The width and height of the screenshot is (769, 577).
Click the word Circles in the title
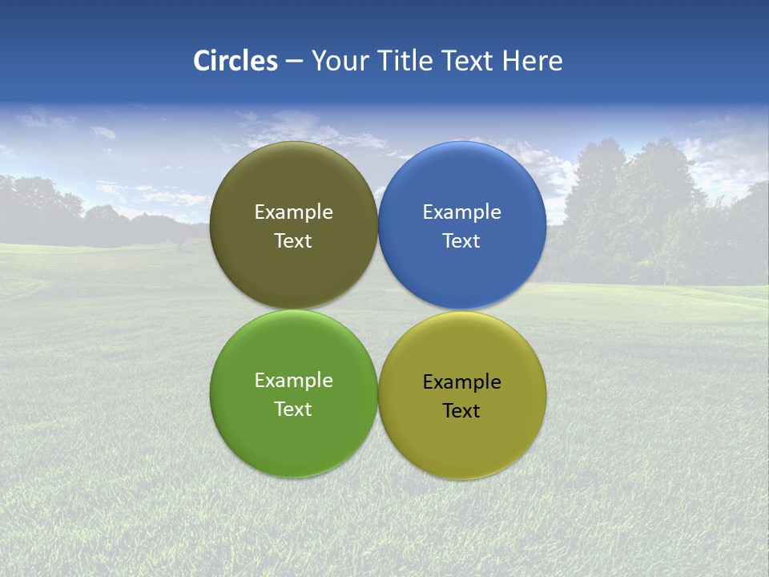pos(236,61)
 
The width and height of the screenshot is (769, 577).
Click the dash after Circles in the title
pos(293,62)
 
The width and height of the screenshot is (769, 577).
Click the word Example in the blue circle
pos(461,212)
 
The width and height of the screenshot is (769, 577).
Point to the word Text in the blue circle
pos(461,241)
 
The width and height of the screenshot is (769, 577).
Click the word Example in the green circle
pos(293,381)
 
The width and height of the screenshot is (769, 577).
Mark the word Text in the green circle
pos(293,410)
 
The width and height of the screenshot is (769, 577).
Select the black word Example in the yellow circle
pos(461,382)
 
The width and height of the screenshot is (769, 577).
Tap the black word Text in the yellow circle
pos(461,411)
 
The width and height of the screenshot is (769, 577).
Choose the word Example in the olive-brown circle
pos(293,212)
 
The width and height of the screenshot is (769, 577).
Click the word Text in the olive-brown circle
pos(293,241)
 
